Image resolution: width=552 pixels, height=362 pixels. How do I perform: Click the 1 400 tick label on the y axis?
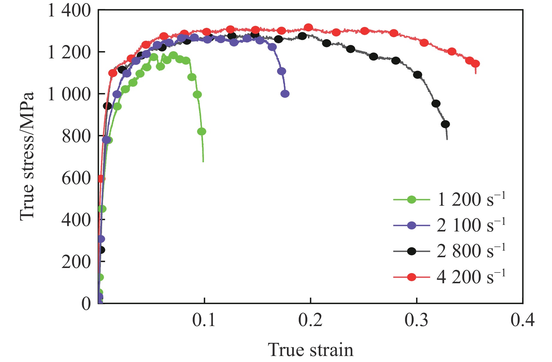(69, 11)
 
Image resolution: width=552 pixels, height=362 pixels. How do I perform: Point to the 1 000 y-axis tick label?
(69, 95)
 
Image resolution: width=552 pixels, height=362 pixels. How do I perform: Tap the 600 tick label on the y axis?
(76, 178)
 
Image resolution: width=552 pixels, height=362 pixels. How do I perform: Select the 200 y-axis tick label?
(76, 262)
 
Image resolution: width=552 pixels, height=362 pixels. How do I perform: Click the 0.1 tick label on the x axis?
(204, 320)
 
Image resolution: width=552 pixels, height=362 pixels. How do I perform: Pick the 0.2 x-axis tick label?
(310, 320)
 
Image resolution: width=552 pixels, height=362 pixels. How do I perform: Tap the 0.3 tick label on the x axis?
(417, 320)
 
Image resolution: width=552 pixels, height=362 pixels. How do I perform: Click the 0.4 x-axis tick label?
(523, 320)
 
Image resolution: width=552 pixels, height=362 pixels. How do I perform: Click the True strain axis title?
(310, 350)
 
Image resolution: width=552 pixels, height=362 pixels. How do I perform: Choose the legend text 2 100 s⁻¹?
(471, 225)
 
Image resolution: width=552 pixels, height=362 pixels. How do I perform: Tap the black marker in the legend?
(412, 251)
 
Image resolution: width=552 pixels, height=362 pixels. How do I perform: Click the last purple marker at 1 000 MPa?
(285, 94)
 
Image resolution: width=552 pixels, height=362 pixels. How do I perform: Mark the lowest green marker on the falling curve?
(202, 131)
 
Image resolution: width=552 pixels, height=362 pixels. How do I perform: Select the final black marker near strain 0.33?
(445, 124)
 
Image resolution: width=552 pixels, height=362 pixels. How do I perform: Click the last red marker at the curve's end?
(475, 64)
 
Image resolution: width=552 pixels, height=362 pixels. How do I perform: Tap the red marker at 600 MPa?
(101, 179)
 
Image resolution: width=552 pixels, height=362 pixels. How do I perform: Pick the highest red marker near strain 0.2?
(308, 28)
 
